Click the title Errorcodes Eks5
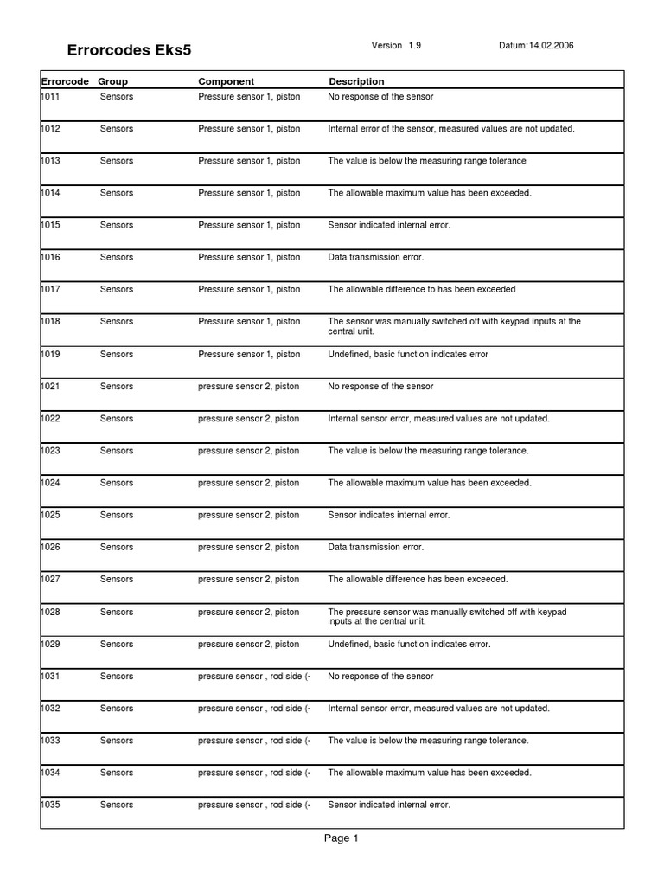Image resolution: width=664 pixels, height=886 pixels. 130,50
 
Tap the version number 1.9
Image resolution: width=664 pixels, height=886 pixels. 416,46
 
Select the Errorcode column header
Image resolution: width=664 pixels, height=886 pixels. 65,81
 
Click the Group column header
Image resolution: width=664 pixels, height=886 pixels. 113,81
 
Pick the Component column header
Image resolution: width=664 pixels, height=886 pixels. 227,81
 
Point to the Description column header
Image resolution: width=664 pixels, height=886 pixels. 356,81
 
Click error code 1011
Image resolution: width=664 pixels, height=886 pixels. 51,97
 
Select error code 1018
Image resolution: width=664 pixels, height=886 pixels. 51,322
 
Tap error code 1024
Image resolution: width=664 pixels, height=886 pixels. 51,483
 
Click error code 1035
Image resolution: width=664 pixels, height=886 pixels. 51,805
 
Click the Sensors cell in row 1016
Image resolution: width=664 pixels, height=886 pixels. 117,258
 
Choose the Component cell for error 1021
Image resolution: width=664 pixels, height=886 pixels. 249,387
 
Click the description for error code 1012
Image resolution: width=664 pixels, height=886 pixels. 451,129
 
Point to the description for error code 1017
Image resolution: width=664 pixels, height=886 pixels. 422,290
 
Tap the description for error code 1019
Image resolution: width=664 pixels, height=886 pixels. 408,354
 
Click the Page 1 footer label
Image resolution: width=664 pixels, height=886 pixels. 342,838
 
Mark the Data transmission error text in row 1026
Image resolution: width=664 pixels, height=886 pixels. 376,547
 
